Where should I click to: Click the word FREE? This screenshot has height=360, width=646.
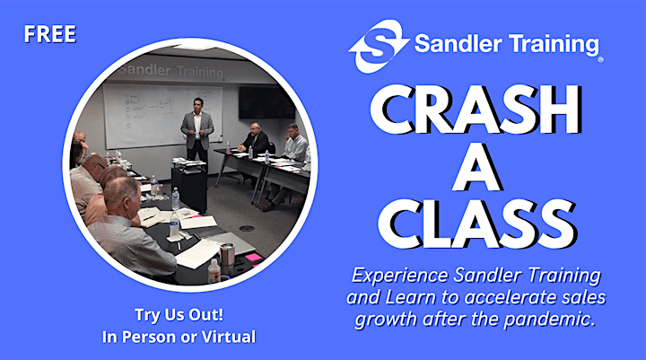[50, 34]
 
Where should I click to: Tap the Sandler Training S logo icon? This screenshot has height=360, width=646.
[379, 46]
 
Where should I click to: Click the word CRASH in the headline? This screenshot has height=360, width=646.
[476, 110]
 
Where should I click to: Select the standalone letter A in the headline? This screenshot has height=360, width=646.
[476, 168]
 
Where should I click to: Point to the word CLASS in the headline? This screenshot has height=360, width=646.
[476, 224]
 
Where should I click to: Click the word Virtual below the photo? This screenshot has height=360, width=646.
[228, 337]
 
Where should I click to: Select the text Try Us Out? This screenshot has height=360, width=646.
[179, 315]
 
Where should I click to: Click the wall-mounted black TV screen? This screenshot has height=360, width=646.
[266, 103]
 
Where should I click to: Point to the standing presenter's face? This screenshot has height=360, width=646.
[198, 106]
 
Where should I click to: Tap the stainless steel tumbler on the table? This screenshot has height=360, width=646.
[227, 257]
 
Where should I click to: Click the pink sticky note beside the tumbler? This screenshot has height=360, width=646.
[252, 258]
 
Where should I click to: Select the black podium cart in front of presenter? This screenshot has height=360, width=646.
[189, 187]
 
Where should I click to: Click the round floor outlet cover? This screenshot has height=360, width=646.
[247, 228]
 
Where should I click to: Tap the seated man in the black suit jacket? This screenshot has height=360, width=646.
[256, 138]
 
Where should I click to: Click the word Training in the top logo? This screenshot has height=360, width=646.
[553, 44]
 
